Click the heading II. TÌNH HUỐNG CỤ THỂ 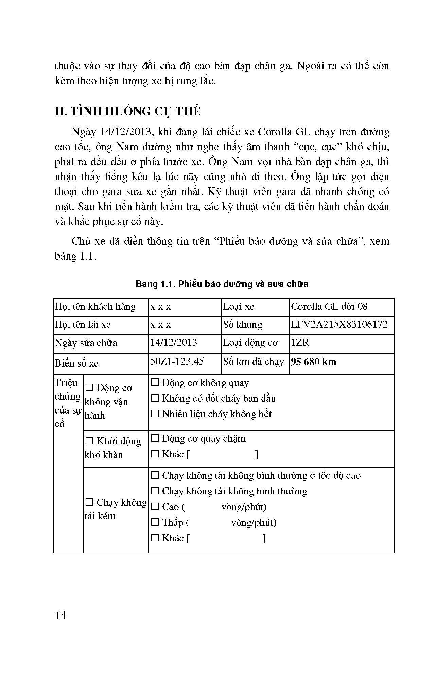[128, 111]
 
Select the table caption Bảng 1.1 [222, 284]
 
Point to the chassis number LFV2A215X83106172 [339, 324]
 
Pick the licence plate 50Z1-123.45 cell [177, 361]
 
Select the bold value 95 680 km [314, 362]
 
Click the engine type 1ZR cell [300, 342]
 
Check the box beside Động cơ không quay [155, 383]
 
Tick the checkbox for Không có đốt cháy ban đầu [155, 398]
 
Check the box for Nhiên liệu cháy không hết [155, 414]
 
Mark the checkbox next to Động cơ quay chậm [155, 439]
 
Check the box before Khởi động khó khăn [89, 441]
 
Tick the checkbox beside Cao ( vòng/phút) [155, 507]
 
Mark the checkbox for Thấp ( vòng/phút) [155, 522]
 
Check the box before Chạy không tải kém [89, 502]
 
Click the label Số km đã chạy [253, 362]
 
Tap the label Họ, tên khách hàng [95, 307]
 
